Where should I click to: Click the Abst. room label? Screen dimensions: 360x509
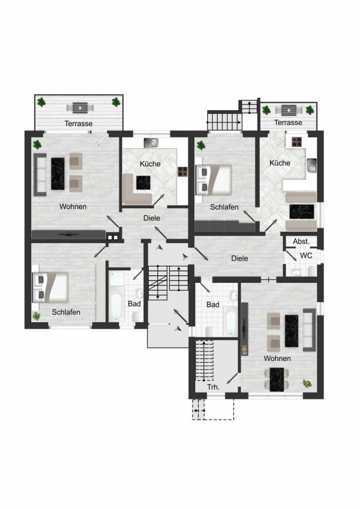pos(301,241)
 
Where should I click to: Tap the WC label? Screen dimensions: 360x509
pos(306,256)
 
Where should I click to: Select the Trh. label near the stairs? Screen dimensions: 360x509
pos(213,387)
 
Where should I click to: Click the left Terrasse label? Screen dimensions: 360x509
pos(78,124)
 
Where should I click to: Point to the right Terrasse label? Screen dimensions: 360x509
pos(288,123)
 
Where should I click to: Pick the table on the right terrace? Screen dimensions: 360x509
pos(287,110)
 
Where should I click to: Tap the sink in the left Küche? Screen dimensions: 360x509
pos(151,143)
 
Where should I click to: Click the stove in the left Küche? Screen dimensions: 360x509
pos(182,172)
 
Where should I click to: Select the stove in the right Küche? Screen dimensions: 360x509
pos(296,141)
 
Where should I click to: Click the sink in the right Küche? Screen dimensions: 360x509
pos(311,166)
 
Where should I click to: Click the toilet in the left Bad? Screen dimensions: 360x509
pos(136,316)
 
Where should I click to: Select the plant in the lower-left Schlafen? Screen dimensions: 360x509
pos(36,316)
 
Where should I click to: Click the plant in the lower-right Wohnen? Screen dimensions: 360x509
pos(307,383)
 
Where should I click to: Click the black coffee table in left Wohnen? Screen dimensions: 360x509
pos(58,174)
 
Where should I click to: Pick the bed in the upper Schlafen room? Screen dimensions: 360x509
pos(214,180)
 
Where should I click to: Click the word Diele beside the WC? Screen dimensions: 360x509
pos(239,258)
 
